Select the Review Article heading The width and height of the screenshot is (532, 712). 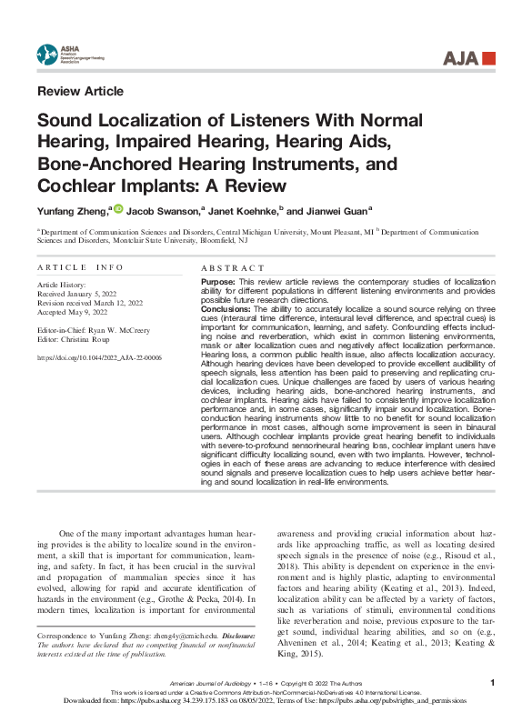(80, 91)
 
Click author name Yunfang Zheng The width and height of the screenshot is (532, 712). (72, 210)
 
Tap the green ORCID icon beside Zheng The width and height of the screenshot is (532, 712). (117, 208)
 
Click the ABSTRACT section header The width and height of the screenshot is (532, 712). (232, 268)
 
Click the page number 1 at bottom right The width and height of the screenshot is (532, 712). (492, 681)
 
